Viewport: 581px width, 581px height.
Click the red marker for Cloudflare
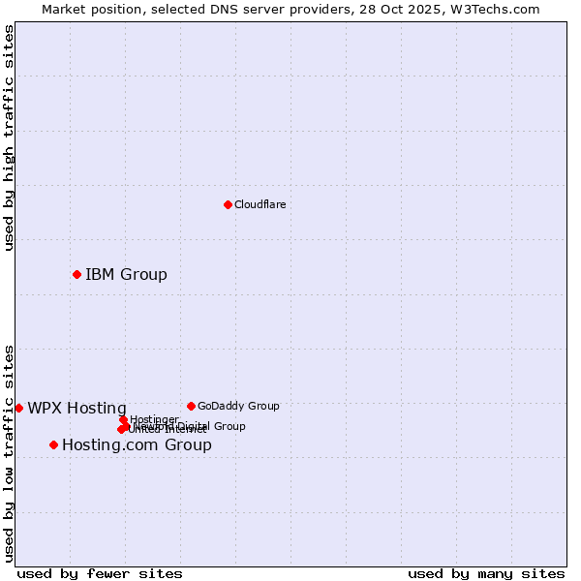pos(228,204)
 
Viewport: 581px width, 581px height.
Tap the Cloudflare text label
pos(260,204)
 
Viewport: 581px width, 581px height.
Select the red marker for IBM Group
pos(76,275)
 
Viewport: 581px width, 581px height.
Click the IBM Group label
pos(126,275)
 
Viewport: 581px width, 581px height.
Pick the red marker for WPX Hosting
pos(18,409)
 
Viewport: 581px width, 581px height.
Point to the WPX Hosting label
pos(76,409)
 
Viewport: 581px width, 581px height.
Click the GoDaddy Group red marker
pos(191,406)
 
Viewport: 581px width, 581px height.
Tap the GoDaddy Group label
pos(238,407)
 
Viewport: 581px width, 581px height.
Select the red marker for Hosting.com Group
pos(53,445)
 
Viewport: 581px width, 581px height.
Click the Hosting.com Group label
pos(137,445)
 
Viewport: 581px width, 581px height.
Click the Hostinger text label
pos(155,419)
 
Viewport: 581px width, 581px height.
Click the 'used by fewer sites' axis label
pos(100,573)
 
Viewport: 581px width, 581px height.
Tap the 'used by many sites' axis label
pos(486,573)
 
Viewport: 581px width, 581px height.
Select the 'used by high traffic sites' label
pos(9,138)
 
